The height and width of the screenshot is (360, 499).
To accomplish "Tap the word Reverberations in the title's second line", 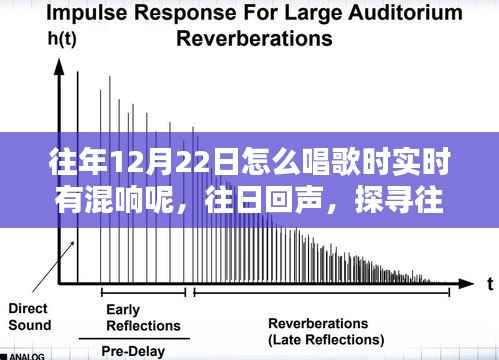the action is pyautogui.click(x=253, y=40).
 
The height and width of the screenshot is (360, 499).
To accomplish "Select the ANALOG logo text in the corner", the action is pyautogui.click(x=22, y=355).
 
